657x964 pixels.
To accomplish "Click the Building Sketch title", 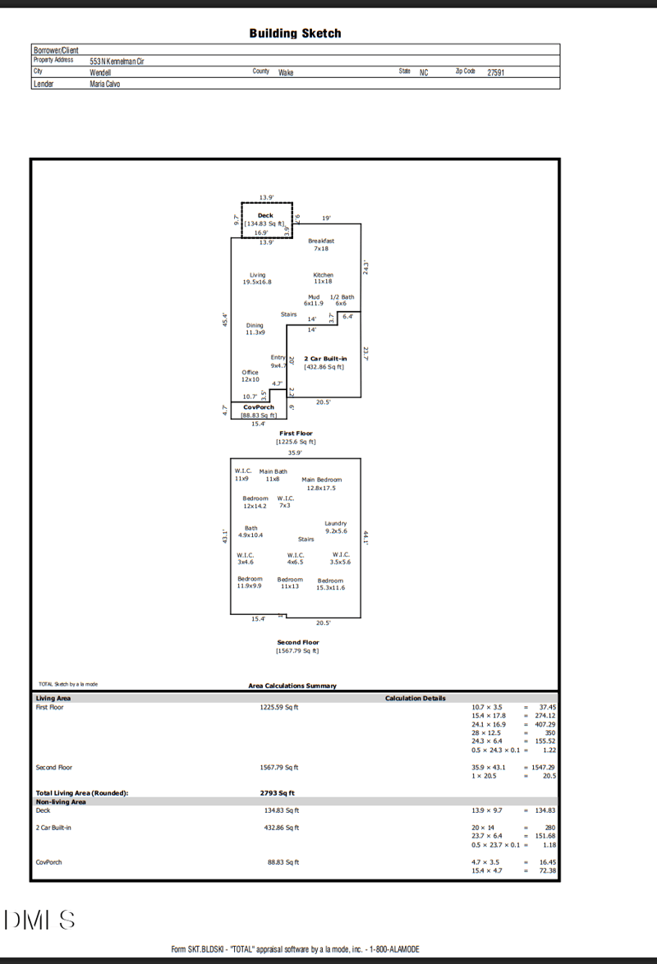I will tap(295, 34).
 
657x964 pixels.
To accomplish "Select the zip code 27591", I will tap(495, 72).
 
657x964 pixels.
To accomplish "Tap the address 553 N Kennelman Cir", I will tap(117, 61).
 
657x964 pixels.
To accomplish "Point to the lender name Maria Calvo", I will tap(105, 84).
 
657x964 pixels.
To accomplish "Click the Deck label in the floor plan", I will tap(265, 215).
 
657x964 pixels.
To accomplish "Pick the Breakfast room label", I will tap(321, 241).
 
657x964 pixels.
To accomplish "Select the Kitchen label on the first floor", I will tap(323, 275).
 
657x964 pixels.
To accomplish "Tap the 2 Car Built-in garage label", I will tap(325, 359).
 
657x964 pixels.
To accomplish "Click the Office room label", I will tap(250, 372).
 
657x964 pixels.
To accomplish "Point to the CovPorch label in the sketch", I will tap(259, 407).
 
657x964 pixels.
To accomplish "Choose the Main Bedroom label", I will tap(321, 480).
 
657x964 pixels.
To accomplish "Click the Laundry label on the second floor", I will tap(335, 523).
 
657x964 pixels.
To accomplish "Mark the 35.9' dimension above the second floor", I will tap(295, 452).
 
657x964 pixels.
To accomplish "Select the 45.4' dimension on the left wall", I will tap(224, 319).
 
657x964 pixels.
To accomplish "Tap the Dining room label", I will tap(255, 325).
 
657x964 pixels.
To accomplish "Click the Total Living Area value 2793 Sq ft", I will tap(277, 793).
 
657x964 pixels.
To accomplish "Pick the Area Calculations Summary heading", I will tap(292, 686).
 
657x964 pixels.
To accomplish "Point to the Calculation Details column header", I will tap(416, 698).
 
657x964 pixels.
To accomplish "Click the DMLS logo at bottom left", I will tap(39, 920).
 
